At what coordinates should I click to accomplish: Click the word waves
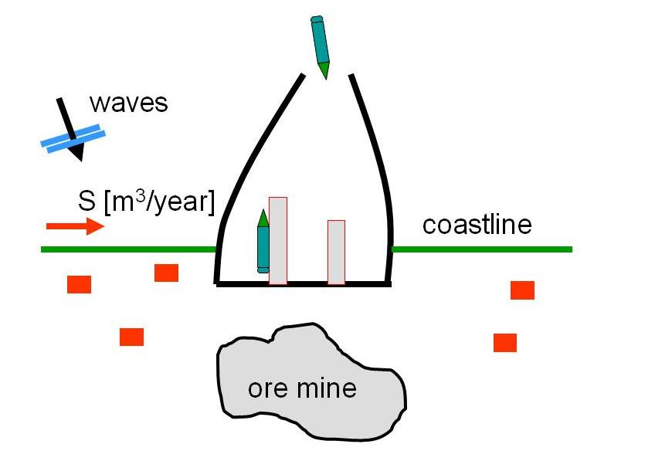pyautogui.click(x=128, y=103)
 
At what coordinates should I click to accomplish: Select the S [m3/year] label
pyautogui.click(x=144, y=202)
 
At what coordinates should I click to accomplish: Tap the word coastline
pyautogui.click(x=477, y=225)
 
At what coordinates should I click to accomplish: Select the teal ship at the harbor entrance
pyautogui.click(x=321, y=46)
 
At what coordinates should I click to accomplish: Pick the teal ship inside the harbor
pyautogui.click(x=263, y=241)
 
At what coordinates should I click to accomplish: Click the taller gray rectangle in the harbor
pyautogui.click(x=278, y=241)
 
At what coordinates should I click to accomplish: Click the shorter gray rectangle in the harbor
pyautogui.click(x=336, y=253)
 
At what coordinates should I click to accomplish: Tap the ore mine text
pyautogui.click(x=302, y=388)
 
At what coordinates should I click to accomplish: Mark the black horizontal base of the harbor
pyautogui.click(x=302, y=284)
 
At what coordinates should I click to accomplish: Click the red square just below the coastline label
pyautogui.click(x=522, y=290)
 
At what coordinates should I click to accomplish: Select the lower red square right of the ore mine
pyautogui.click(x=505, y=342)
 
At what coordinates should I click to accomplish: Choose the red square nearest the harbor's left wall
pyautogui.click(x=166, y=273)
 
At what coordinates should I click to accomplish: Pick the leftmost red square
pyautogui.click(x=79, y=284)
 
